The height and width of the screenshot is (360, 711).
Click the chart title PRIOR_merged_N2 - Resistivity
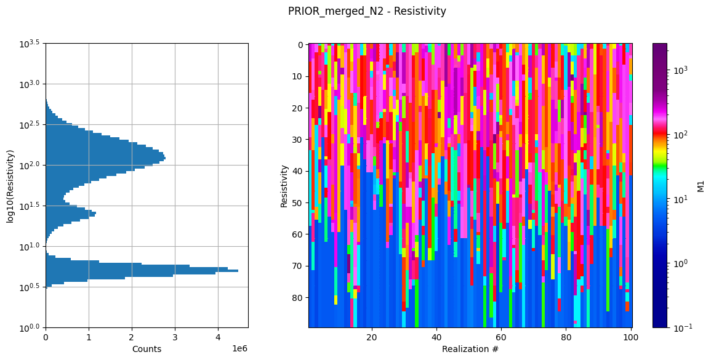[x=367, y=11]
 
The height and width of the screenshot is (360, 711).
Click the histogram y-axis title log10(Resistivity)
[x=10, y=185]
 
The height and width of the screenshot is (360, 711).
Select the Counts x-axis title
[x=147, y=349]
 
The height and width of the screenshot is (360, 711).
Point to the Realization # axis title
[x=470, y=349]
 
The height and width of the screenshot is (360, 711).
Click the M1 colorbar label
[x=701, y=185]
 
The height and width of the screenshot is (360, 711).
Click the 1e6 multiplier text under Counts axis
[x=241, y=348]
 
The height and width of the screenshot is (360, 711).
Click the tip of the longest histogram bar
[x=238, y=271]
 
